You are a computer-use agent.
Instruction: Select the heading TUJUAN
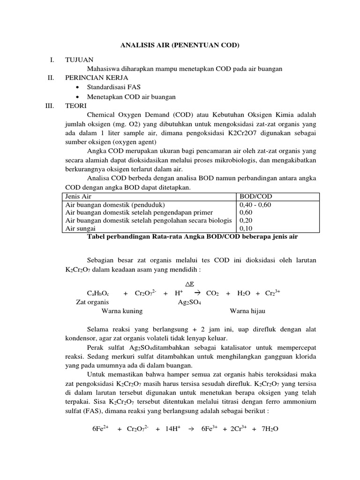79,60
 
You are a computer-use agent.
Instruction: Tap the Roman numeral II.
51,78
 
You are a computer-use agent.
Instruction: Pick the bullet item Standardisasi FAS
113,87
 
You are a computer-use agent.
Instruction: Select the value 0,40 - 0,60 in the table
255,205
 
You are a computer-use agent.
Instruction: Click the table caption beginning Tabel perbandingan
192,237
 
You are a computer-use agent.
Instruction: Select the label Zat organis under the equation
92,302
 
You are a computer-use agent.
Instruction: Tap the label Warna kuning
122,311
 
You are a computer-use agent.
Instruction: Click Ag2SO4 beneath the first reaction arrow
189,302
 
